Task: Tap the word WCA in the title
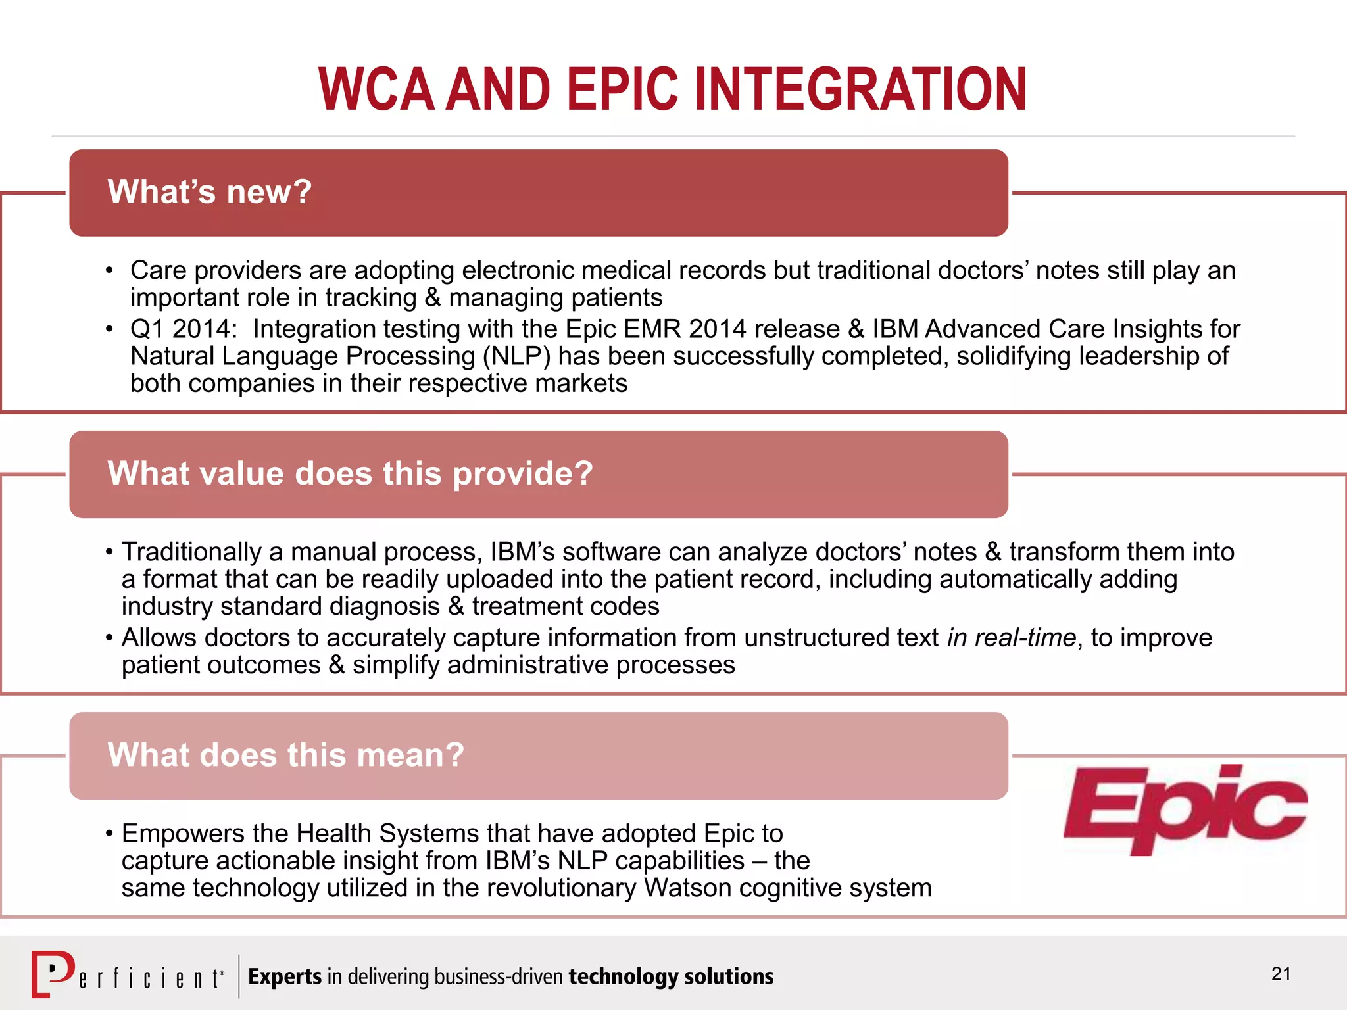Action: (376, 89)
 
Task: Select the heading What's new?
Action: (210, 192)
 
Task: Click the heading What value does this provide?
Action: (350, 473)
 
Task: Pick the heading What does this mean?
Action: (286, 755)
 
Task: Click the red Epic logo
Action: (1184, 810)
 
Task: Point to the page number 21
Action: (1281, 974)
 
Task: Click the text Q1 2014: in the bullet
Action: (183, 329)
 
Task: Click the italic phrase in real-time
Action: (1011, 638)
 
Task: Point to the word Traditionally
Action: (191, 552)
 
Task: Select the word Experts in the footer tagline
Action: (285, 976)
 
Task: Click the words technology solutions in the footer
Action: (671, 976)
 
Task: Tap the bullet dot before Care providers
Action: (109, 271)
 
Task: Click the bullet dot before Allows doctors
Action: (109, 638)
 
